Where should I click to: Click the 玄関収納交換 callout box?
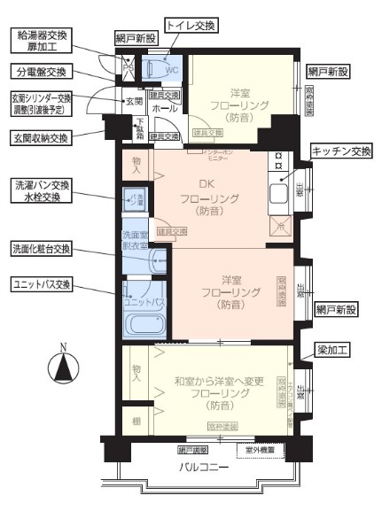pos(40,137)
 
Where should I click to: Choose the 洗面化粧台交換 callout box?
pos(42,249)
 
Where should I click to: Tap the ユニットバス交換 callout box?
pos(42,284)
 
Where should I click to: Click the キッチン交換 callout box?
pos(341,152)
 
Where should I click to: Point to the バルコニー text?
pos(205,467)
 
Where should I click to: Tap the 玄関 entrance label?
pos(132,102)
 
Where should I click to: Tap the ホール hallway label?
pos(166,108)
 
